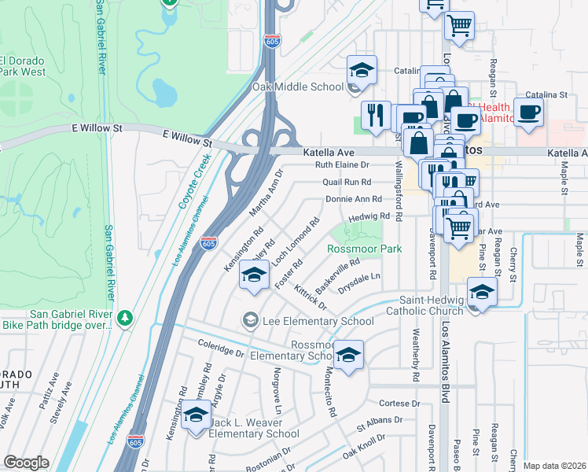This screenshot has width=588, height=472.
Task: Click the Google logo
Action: click(26, 463)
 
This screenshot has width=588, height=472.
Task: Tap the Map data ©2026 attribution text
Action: click(554, 466)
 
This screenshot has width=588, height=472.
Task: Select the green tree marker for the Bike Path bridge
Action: click(124, 318)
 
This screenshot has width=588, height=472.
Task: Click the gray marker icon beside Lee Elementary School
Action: click(250, 319)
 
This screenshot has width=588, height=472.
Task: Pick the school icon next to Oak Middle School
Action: click(362, 71)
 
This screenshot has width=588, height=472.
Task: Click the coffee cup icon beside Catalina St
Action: click(528, 112)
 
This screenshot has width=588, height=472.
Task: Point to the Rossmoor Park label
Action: click(364, 249)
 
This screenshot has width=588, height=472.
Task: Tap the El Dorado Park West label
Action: click(24, 66)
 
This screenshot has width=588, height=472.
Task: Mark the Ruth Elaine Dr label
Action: click(342, 165)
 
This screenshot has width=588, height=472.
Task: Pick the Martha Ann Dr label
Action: click(265, 196)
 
